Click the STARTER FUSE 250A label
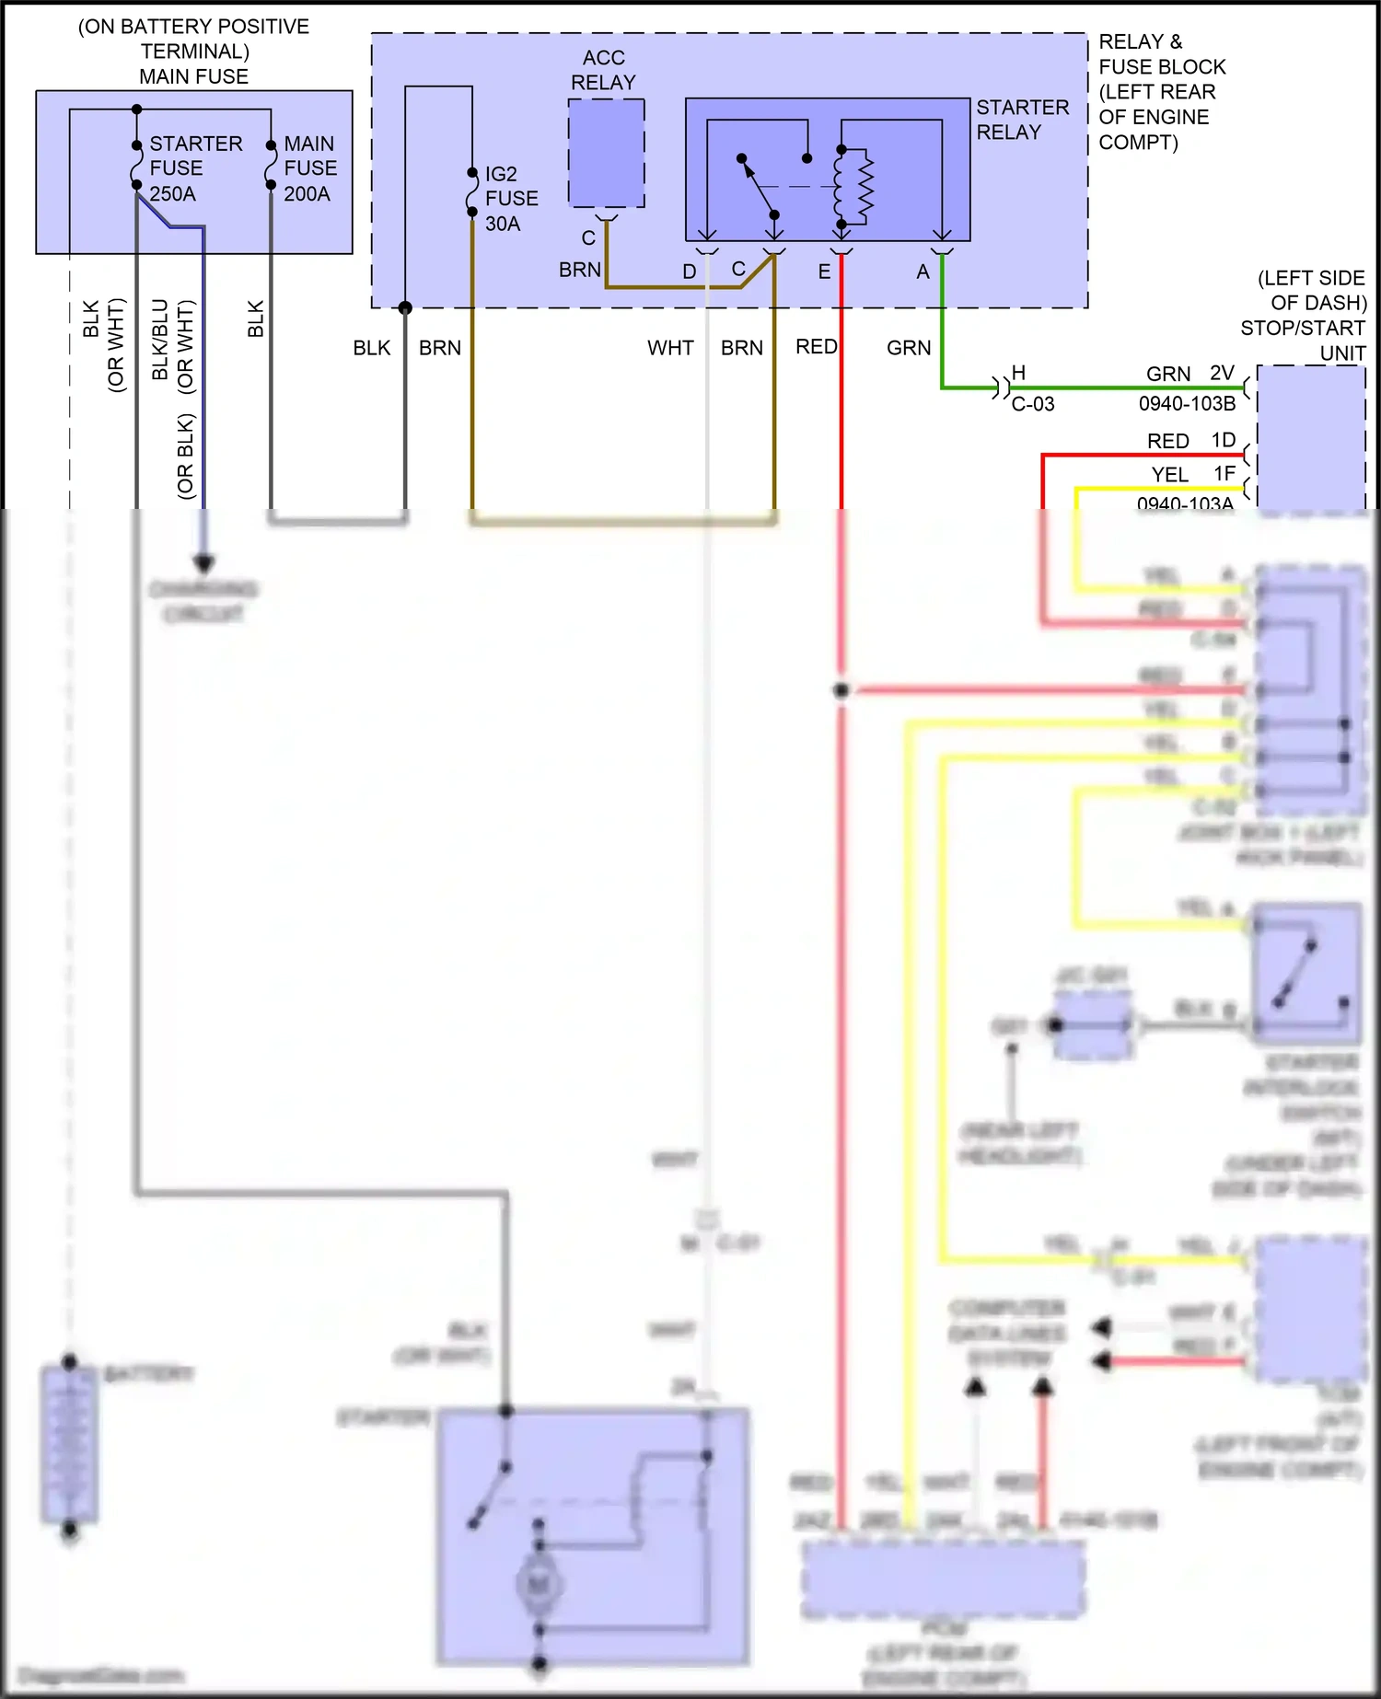[195, 168]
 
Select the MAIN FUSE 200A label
[310, 168]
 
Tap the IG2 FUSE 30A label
[511, 199]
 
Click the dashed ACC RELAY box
[606, 153]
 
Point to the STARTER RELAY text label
[1022, 120]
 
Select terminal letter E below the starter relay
[824, 272]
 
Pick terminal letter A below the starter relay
[923, 272]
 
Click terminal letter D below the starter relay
[689, 272]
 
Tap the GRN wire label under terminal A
[909, 348]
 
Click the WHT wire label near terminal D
[670, 348]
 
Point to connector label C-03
[1032, 404]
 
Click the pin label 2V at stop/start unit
[1222, 374]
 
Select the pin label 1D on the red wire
[1223, 441]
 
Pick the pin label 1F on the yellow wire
[1224, 474]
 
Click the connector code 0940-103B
[1187, 404]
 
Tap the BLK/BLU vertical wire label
[160, 339]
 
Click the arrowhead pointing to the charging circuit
[203, 562]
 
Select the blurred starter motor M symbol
[539, 1584]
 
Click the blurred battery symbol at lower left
[69, 1445]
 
